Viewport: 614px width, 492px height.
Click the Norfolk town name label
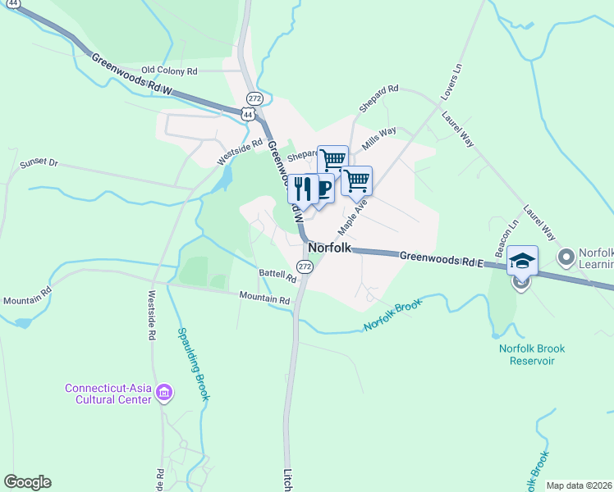point(330,248)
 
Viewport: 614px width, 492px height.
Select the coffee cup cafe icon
point(322,189)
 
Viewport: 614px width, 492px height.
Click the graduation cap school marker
point(522,261)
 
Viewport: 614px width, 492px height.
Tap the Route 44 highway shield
point(248,115)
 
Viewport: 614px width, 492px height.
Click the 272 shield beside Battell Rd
point(305,267)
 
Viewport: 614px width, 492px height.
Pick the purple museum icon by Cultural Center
point(164,394)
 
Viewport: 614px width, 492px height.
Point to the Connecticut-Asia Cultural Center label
point(109,394)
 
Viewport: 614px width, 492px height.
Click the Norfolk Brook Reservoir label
point(532,354)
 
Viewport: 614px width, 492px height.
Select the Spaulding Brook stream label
point(194,365)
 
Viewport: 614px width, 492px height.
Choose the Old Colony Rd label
point(170,71)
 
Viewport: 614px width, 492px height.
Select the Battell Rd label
point(277,277)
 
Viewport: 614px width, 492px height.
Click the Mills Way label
point(379,134)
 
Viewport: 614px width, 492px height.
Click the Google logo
point(27,482)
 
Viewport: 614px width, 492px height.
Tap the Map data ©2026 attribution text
point(580,485)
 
